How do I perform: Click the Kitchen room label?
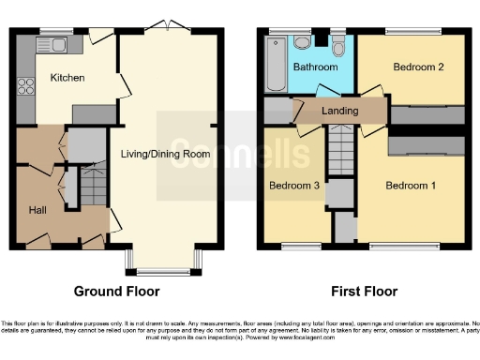[x=68, y=78]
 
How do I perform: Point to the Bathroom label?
[x=314, y=68]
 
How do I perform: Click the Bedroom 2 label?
[x=417, y=67]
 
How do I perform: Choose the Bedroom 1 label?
[x=412, y=185]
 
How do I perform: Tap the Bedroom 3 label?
[x=294, y=185]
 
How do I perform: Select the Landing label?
[x=339, y=111]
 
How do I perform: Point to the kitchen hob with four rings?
[x=25, y=86]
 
